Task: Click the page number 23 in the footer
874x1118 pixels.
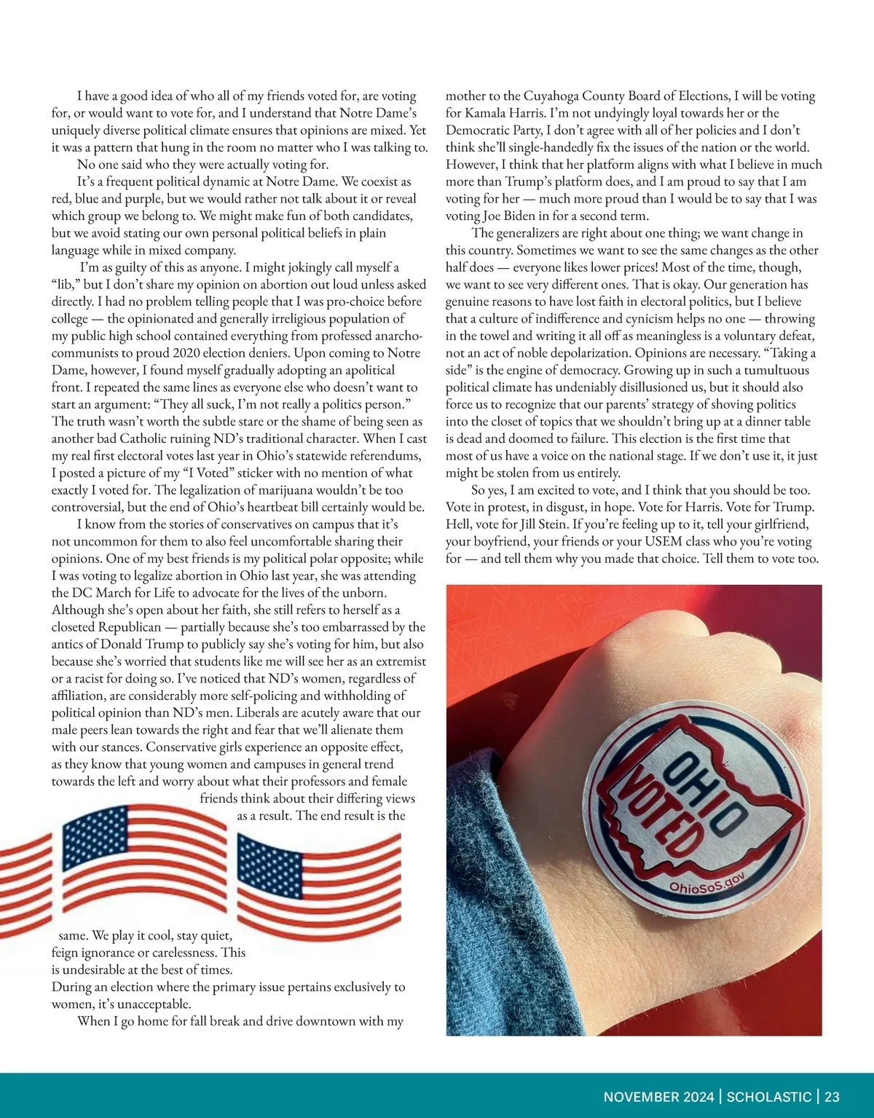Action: click(x=832, y=1097)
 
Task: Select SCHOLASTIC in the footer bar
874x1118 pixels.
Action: click(x=769, y=1097)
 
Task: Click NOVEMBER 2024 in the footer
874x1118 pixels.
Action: click(x=658, y=1097)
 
